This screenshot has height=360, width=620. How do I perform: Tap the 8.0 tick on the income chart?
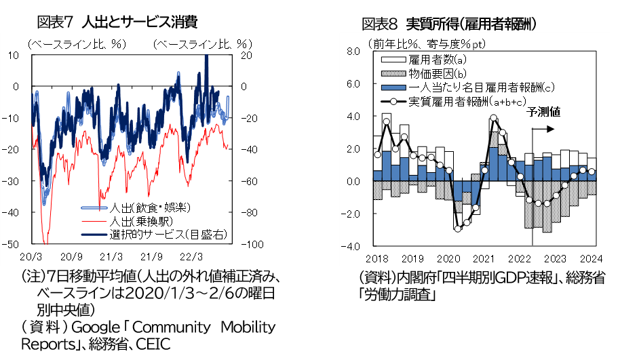pos(353,52)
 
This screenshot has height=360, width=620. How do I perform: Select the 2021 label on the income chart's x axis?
pos(484,258)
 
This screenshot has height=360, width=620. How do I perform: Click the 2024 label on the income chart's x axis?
pos(592,258)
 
